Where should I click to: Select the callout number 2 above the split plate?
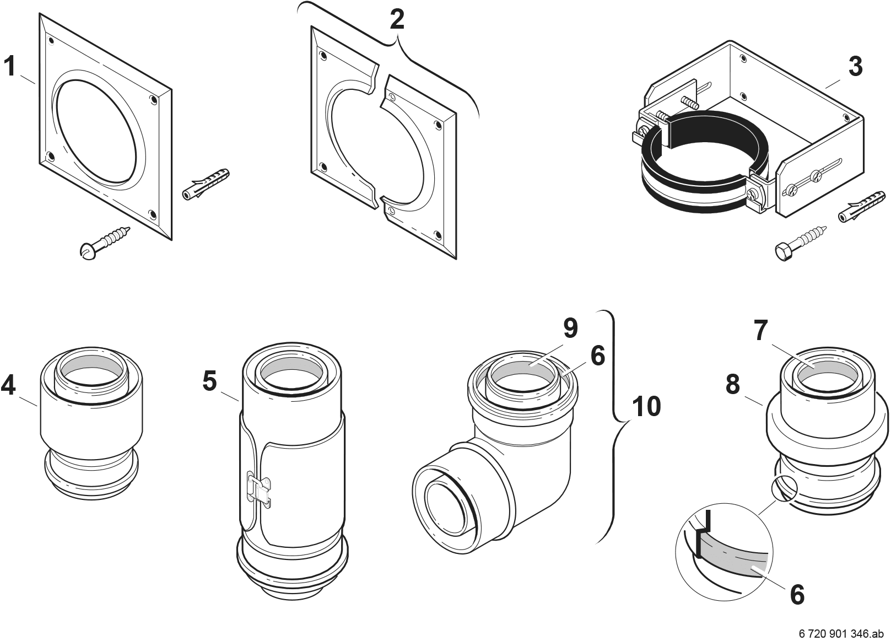tap(397, 20)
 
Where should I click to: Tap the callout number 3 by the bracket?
tap(855, 67)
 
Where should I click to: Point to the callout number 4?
tap(8, 385)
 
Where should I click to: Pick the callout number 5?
tap(209, 381)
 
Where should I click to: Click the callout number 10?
tap(646, 407)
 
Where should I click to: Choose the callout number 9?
tap(570, 328)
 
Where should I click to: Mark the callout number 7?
tap(761, 331)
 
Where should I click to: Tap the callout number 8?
tap(732, 385)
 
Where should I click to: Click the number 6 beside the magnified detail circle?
tap(797, 595)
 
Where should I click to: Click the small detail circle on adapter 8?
tap(785, 489)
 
